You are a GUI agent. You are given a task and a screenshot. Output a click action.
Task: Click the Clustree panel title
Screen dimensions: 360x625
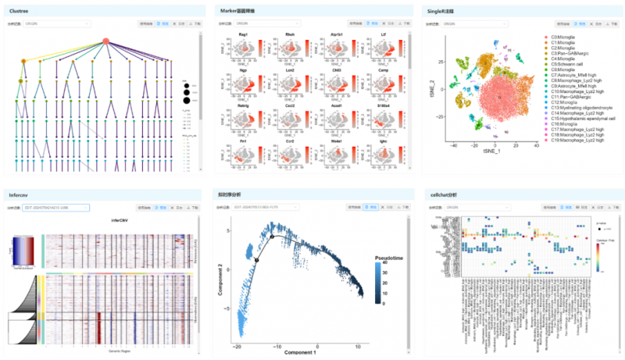tap(19, 11)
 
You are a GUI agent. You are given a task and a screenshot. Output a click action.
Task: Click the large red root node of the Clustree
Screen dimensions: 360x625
tap(106, 41)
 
